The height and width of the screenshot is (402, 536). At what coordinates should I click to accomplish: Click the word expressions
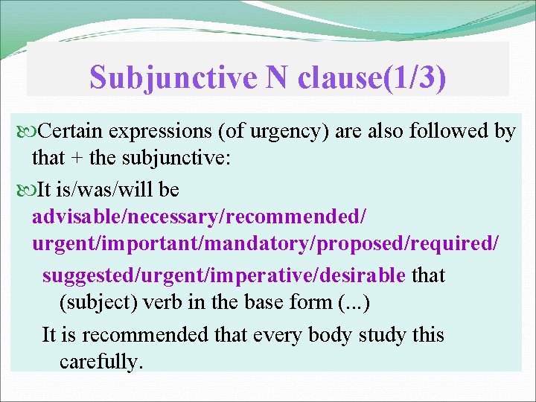(160, 133)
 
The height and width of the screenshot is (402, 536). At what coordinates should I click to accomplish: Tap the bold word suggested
(84, 275)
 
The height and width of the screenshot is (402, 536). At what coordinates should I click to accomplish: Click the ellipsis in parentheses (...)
(354, 303)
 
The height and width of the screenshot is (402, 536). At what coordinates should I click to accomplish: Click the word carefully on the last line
(100, 362)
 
